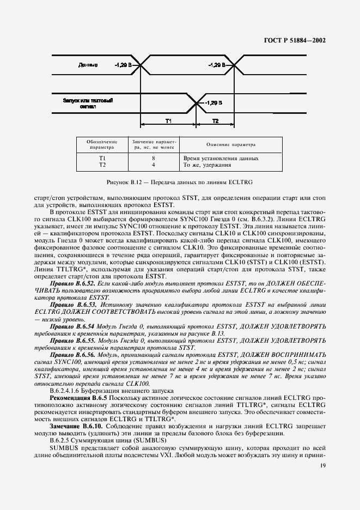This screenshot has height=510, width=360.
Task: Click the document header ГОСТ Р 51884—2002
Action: pyautogui.click(x=298, y=40)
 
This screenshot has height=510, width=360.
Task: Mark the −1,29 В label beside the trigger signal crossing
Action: pyautogui.click(x=212, y=102)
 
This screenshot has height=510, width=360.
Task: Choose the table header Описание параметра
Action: pyautogui.click(x=230, y=145)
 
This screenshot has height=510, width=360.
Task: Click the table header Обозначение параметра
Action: pyautogui.click(x=102, y=144)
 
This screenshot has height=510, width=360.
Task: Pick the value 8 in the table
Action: pyautogui.click(x=154, y=158)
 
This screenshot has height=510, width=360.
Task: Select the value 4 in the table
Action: pyautogui.click(x=154, y=164)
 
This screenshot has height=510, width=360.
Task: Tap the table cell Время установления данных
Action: pyautogui.click(x=221, y=158)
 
